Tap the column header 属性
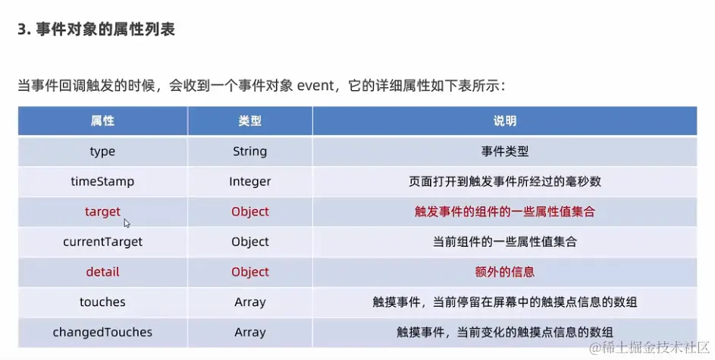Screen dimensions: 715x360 point(102,121)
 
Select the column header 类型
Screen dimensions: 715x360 point(250,121)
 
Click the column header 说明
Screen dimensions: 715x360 point(505,121)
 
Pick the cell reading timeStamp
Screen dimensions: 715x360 point(102,181)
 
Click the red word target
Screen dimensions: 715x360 point(102,212)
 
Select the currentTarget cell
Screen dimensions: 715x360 point(102,242)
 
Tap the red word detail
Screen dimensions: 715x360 point(102,272)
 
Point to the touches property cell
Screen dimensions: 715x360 point(102,302)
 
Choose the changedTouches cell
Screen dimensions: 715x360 point(102,332)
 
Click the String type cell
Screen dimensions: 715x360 point(250,152)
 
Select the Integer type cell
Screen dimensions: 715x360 point(250,182)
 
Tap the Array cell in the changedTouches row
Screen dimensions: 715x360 point(250,333)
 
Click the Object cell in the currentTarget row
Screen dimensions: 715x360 point(250,242)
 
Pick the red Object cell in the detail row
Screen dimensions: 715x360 point(250,272)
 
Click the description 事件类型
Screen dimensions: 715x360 point(505,152)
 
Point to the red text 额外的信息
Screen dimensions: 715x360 point(505,272)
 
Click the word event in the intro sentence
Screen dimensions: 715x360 point(315,86)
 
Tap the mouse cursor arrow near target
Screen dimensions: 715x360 point(127,224)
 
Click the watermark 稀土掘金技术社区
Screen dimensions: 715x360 point(650,348)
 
